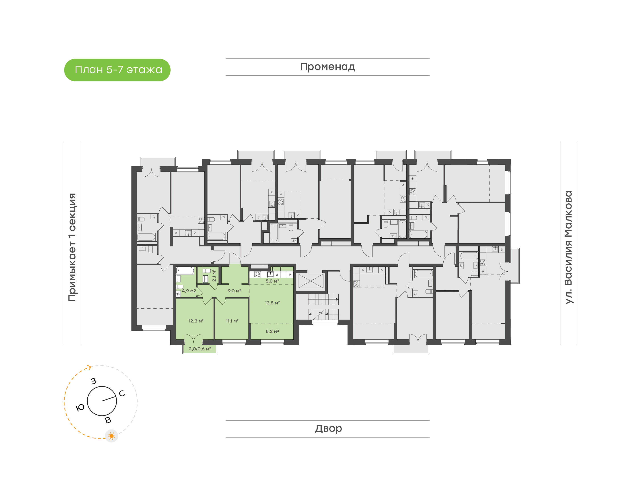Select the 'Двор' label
tap(328, 428)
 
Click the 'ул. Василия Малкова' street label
tap(568, 247)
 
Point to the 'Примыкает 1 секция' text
tap(72, 247)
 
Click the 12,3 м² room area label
tap(196, 321)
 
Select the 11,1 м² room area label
tap(232, 321)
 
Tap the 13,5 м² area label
tap(272, 303)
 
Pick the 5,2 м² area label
tap(272, 331)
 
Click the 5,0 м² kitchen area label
tap(272, 281)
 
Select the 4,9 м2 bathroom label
tap(189, 291)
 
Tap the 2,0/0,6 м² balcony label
tap(200, 349)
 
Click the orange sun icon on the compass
tap(111, 436)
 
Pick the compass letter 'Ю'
tap(80, 407)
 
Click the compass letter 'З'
tap(94, 381)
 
